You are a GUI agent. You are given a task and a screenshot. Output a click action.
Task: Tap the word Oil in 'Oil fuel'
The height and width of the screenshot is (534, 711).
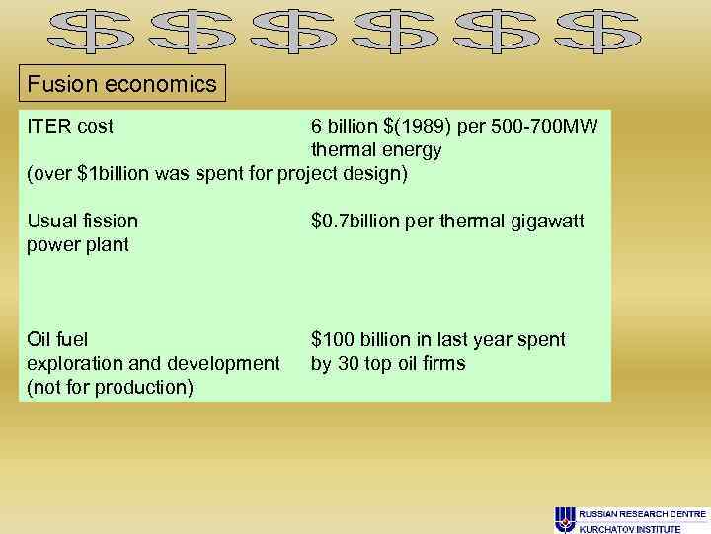41,339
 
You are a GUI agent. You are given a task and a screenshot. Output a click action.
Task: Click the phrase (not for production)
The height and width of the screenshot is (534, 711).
111,387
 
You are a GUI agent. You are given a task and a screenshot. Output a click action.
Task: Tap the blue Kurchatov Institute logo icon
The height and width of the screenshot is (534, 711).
566,518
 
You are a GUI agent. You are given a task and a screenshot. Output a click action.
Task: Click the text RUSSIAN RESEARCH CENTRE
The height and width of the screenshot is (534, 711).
642,514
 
